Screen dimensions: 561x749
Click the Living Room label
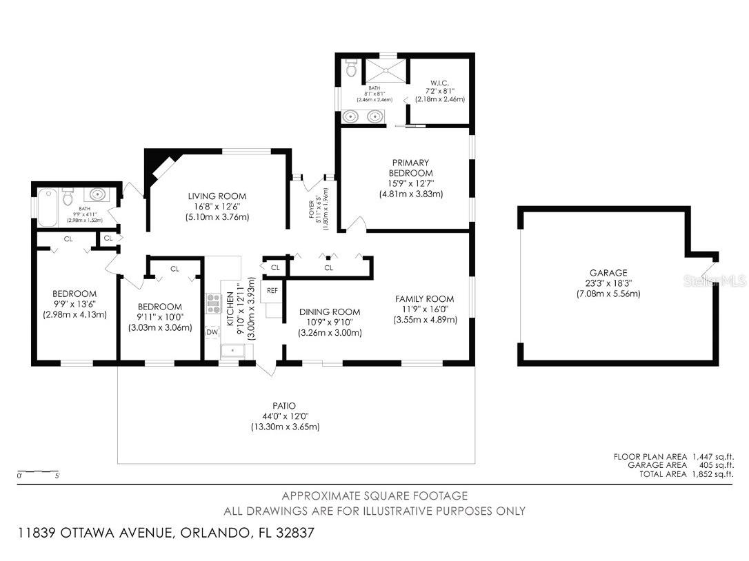(217, 196)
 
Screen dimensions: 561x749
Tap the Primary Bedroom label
(410, 167)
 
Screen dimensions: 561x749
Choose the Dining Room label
(330, 312)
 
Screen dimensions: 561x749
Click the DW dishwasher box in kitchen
(212, 332)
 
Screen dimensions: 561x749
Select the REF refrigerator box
(272, 290)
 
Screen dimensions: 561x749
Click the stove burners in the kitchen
(212, 303)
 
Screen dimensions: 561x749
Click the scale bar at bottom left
(39, 472)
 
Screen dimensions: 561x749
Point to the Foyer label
(312, 209)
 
